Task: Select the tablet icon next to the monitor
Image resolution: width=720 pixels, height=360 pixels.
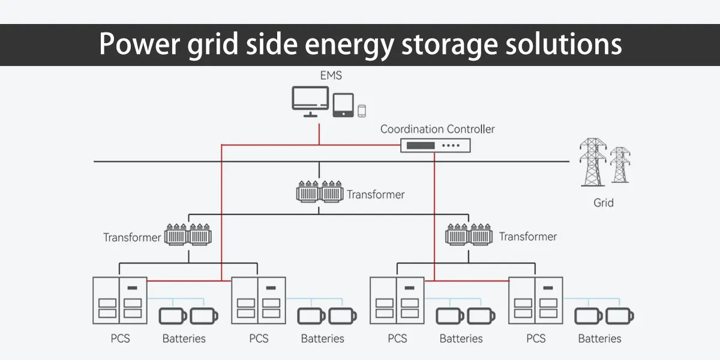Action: click(x=343, y=105)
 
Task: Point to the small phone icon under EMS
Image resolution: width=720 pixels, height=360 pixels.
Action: click(x=362, y=110)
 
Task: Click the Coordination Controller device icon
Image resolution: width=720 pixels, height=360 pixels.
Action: click(x=436, y=145)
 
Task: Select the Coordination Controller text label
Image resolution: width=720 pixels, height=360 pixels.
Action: click(x=437, y=129)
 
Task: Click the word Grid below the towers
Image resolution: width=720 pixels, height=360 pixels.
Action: click(x=604, y=203)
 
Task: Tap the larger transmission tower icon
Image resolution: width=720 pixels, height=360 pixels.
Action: click(x=593, y=162)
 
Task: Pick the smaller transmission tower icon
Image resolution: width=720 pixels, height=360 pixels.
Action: click(x=620, y=165)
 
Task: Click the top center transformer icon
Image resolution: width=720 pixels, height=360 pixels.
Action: click(x=320, y=191)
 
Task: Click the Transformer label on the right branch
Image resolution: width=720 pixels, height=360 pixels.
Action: click(x=528, y=237)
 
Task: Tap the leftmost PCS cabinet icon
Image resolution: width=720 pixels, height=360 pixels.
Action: click(x=119, y=300)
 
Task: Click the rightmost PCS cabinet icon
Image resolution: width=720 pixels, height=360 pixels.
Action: click(x=536, y=300)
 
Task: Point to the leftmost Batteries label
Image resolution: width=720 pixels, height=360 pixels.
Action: click(x=184, y=339)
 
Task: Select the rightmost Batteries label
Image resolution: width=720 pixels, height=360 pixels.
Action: click(x=599, y=339)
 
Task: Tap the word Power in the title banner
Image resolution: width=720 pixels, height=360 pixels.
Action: click(x=136, y=44)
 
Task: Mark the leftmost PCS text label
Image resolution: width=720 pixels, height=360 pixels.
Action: click(x=120, y=339)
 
